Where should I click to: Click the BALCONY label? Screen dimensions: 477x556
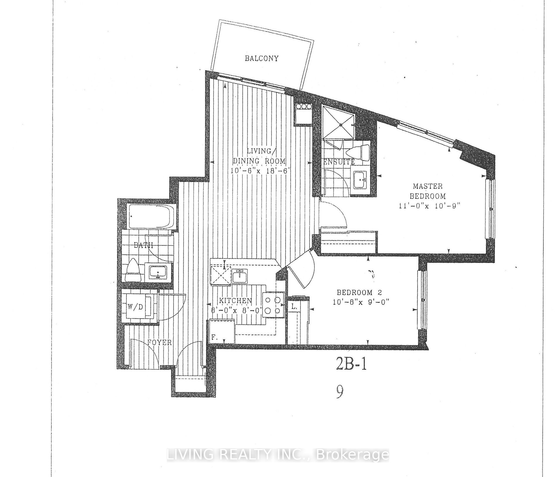tap(261, 58)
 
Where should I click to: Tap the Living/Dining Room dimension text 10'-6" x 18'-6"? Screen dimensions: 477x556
tap(259, 171)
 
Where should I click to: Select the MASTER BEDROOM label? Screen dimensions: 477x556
tap(428, 191)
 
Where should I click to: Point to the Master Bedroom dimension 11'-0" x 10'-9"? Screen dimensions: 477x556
tap(428, 206)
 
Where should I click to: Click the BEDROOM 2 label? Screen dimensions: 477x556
tap(360, 292)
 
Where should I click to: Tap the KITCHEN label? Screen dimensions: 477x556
tap(236, 300)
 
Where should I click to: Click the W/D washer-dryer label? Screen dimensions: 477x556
tap(135, 307)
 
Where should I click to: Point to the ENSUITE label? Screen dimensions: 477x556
tap(339, 162)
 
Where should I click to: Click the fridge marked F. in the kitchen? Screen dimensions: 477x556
tap(222, 331)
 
